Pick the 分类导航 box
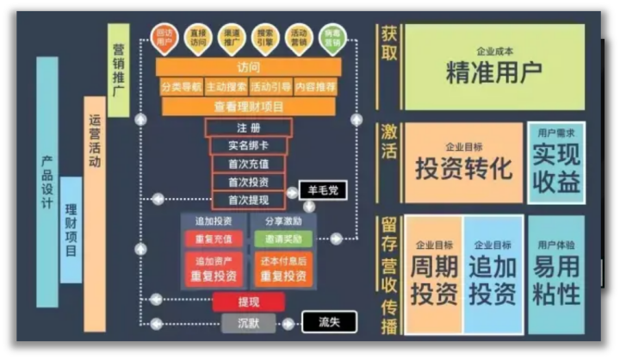pos(181,87)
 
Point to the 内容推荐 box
pos(317,87)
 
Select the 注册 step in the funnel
pos(248,127)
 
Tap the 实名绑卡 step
pos(248,145)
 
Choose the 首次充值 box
pos(248,164)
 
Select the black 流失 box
pos(329,323)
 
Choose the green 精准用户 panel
pos(493,67)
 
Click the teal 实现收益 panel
pos(555,162)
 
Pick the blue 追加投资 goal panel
pos(493,274)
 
